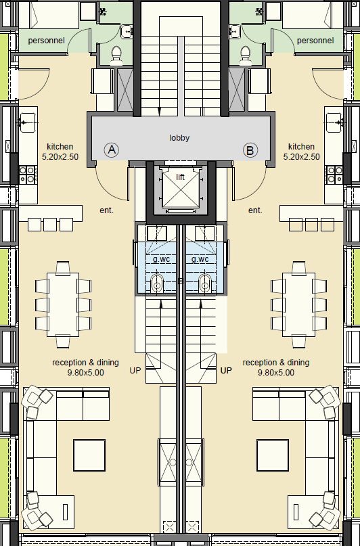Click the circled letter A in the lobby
[x=112, y=150]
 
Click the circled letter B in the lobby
[x=250, y=150]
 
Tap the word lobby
[x=179, y=138]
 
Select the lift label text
[x=181, y=177]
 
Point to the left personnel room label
[x=46, y=41]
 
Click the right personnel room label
[x=315, y=41]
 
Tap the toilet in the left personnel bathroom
[x=116, y=55]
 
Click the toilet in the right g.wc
[x=205, y=283]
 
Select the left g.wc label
[x=161, y=259]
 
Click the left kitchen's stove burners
[x=28, y=175]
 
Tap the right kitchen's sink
[x=334, y=122]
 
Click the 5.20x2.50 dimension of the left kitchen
[x=60, y=157]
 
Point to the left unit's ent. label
[x=106, y=210]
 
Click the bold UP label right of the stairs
[x=226, y=371]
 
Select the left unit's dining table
[x=63, y=304]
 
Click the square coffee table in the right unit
[x=273, y=455]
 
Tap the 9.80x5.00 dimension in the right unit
[x=276, y=373]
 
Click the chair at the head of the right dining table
[x=298, y=267]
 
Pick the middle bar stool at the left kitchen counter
[x=50, y=225]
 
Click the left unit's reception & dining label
[x=86, y=363]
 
